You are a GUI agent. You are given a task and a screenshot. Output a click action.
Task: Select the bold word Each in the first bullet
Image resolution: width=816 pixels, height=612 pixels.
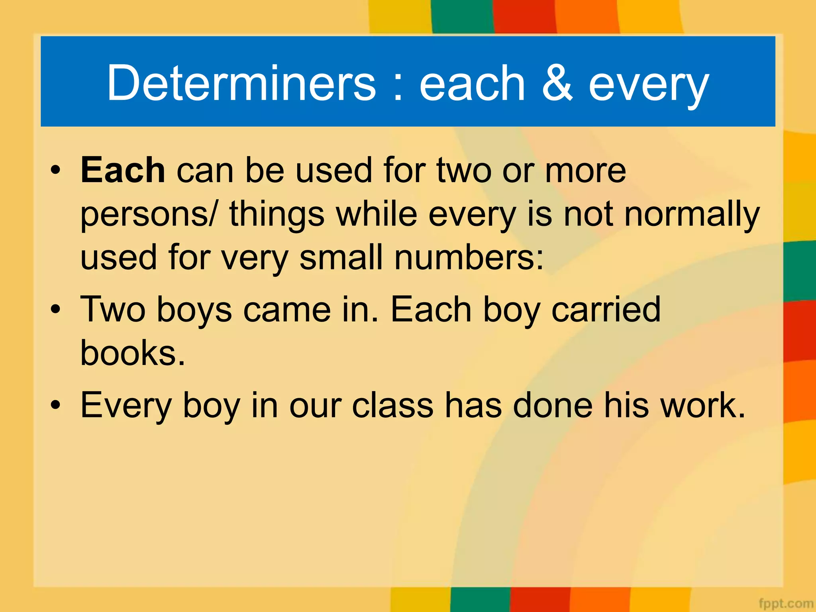click(x=123, y=170)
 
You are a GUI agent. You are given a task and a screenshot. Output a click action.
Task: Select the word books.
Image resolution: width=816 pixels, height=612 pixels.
click(x=133, y=353)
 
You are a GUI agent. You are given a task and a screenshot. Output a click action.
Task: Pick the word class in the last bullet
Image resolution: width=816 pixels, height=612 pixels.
click(x=393, y=406)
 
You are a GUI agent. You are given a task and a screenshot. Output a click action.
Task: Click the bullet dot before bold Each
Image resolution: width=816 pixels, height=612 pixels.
click(x=56, y=170)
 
